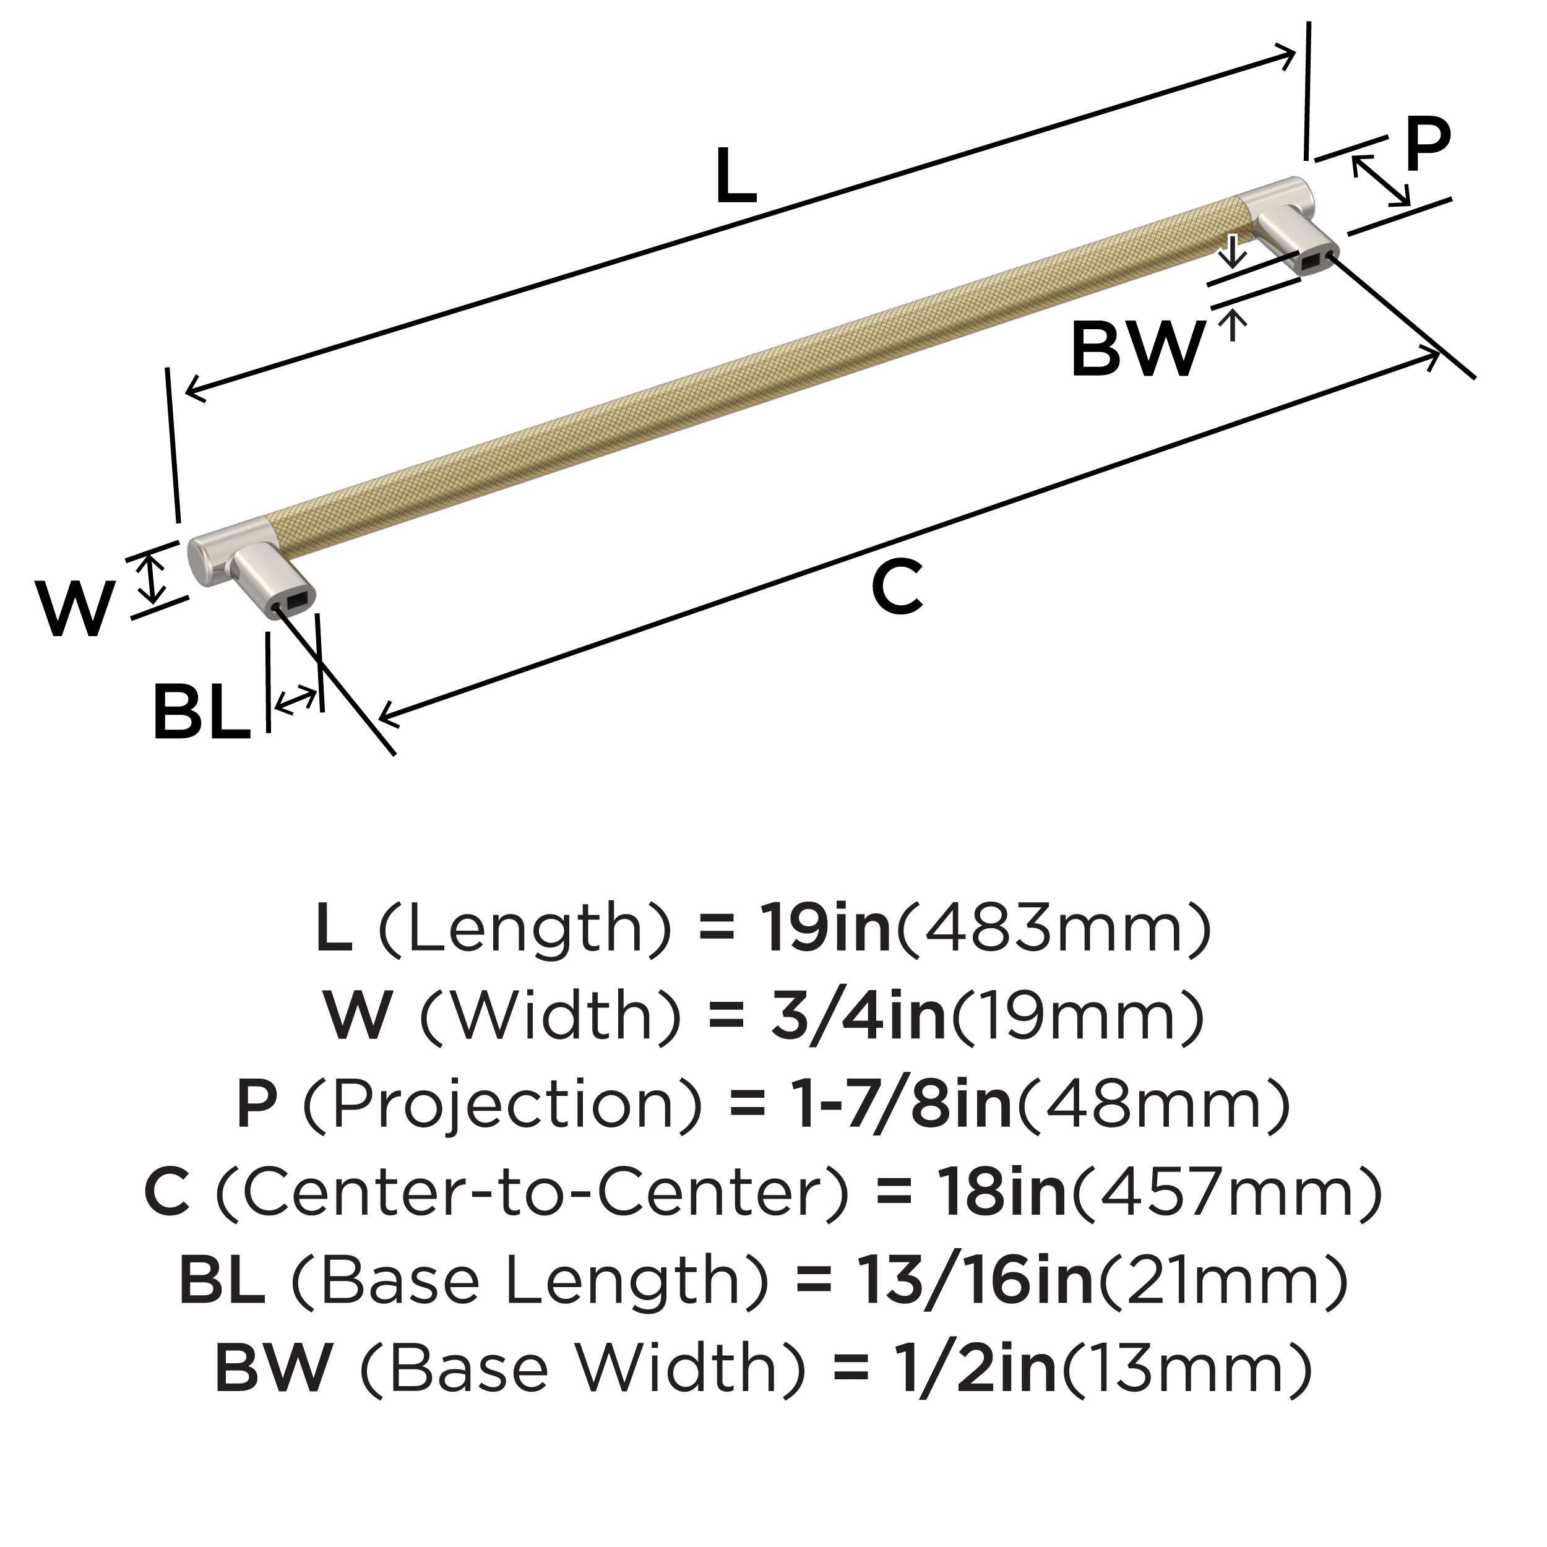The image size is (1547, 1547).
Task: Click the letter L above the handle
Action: coord(736,175)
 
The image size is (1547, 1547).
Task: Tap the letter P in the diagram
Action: coord(1428,145)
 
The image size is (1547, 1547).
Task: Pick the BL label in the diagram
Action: coord(201,711)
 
